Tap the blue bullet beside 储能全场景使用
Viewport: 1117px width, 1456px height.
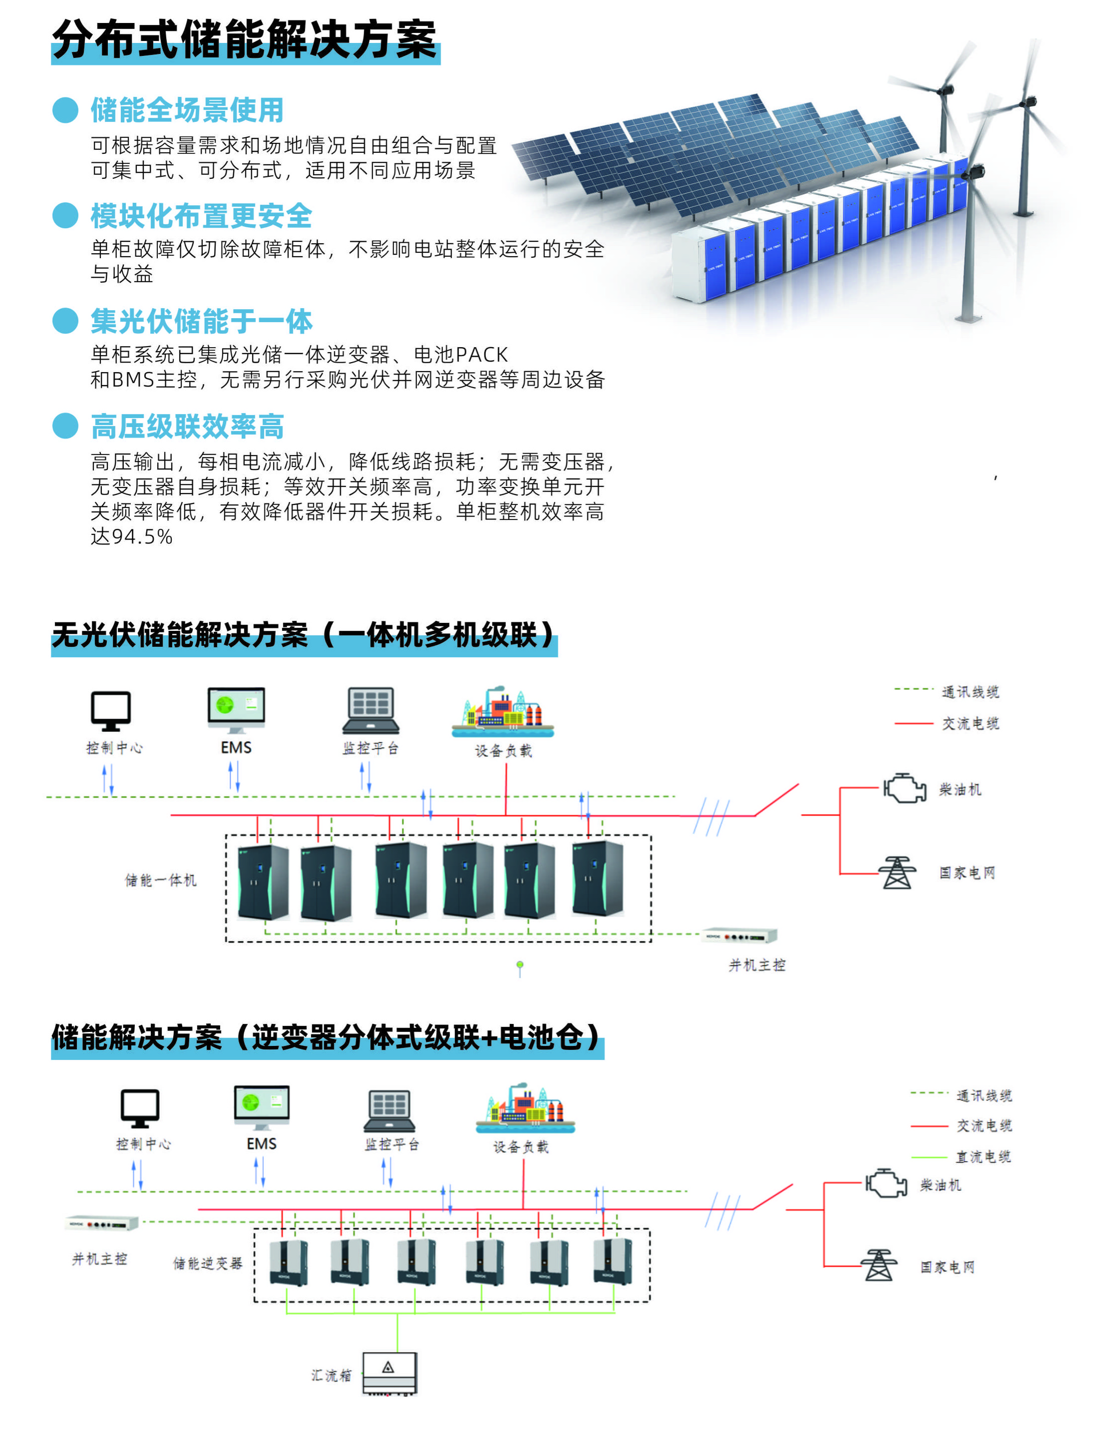coord(65,110)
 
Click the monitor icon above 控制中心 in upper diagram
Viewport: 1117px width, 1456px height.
coord(110,710)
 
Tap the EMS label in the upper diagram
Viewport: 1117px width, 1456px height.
coord(236,748)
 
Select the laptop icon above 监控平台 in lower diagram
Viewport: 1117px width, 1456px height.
coord(389,1111)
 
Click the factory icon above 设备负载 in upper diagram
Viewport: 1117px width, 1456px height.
coord(503,712)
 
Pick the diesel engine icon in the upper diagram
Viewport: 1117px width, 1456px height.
coord(904,789)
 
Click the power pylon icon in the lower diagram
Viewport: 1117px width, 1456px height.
coord(879,1265)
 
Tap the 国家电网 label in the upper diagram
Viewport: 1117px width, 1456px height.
coord(967,873)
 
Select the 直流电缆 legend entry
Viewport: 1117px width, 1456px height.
coord(983,1157)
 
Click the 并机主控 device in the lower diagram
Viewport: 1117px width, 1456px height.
coord(102,1224)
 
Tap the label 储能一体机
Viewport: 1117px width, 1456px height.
coord(161,880)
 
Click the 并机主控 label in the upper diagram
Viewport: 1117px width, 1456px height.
coord(756,965)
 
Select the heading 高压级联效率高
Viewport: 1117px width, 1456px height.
coord(187,427)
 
